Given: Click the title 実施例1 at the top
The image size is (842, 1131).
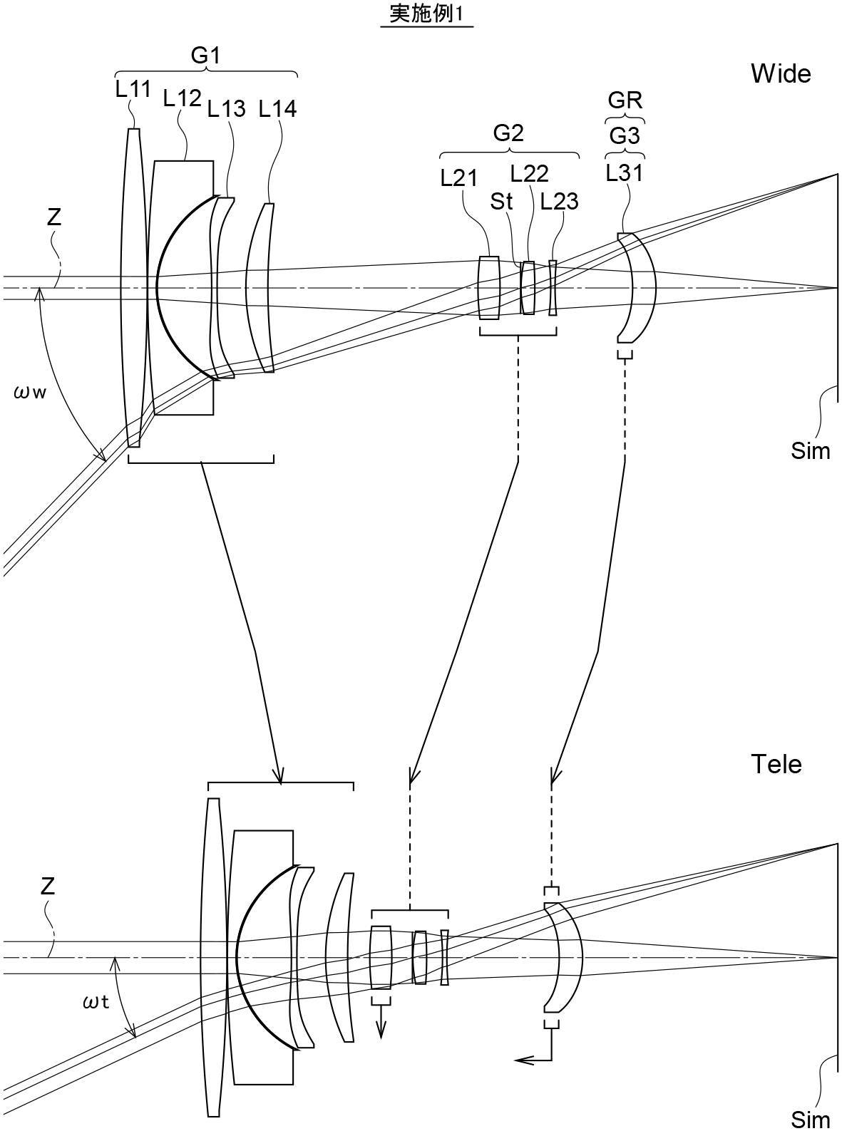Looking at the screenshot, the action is coord(426,15).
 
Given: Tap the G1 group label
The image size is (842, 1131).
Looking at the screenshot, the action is coord(205,55).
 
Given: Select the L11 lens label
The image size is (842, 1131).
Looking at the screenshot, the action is coord(133,90).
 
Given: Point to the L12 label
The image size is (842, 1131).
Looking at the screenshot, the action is coord(183,98).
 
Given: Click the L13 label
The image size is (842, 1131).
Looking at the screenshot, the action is coord(227,108).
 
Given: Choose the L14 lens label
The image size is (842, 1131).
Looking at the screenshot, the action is coord(277,108).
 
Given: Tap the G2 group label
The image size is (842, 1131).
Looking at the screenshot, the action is coord(508,133).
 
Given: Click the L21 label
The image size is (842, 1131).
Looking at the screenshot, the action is coord(459,178).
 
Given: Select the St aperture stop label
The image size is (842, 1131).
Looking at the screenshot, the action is coord(501,202).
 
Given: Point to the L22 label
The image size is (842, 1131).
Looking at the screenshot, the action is coord(530,175).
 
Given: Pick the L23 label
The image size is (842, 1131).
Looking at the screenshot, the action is coord(559,202).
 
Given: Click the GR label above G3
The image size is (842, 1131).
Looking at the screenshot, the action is coord(625,100).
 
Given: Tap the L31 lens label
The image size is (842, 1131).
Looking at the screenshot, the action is coord(625,173).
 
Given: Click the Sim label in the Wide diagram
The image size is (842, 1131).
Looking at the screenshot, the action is coord(811,451).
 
